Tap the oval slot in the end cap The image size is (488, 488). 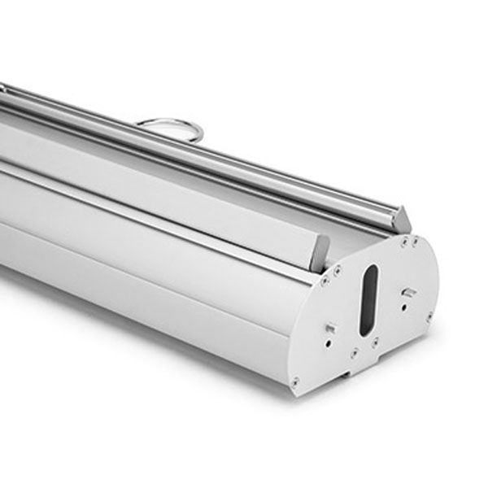coord(367,298)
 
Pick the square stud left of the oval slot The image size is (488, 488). coord(329,328)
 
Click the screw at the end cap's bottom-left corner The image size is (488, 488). coord(294,381)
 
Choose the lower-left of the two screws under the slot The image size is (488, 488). coord(355,352)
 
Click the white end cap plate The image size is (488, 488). coord(382,325)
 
